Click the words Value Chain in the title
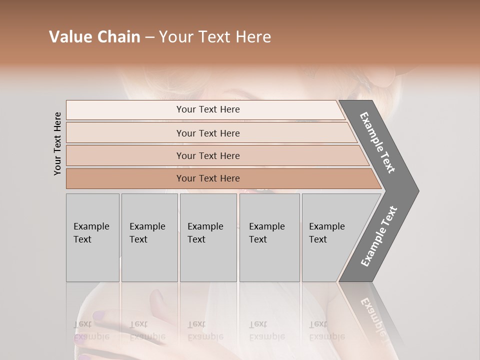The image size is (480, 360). [x=94, y=37]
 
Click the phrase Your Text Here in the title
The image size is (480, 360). [x=215, y=37]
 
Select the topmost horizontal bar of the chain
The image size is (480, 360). [x=208, y=109]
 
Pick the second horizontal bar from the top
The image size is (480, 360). [x=208, y=133]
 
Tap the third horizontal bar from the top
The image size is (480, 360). [x=208, y=155]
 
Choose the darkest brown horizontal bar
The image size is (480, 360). [x=208, y=178]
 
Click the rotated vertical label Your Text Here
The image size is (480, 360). [x=57, y=143]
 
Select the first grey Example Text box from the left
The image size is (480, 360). [x=92, y=237]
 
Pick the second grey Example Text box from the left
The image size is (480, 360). [x=149, y=237]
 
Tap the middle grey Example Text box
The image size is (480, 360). [x=208, y=237]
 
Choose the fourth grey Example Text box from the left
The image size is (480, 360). [x=269, y=237]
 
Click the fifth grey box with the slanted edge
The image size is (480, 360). [x=330, y=237]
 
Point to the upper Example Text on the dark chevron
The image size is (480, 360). [x=377, y=142]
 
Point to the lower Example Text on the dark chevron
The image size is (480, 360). [x=378, y=236]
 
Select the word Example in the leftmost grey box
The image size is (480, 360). [x=91, y=226]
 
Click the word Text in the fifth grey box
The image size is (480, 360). [x=317, y=239]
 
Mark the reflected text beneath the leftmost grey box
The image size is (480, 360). [x=91, y=330]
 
